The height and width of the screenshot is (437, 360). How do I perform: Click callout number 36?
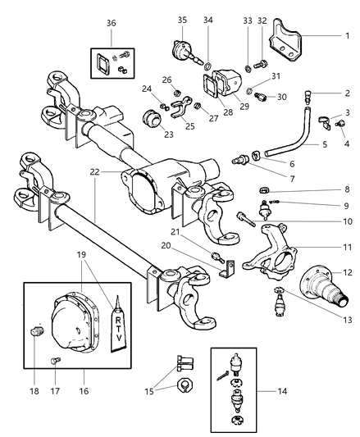click(x=112, y=25)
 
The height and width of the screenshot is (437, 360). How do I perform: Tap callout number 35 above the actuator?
click(x=183, y=18)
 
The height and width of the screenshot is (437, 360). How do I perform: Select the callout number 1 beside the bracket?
click(x=346, y=35)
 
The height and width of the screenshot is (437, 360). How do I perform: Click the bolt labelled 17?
click(x=55, y=360)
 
